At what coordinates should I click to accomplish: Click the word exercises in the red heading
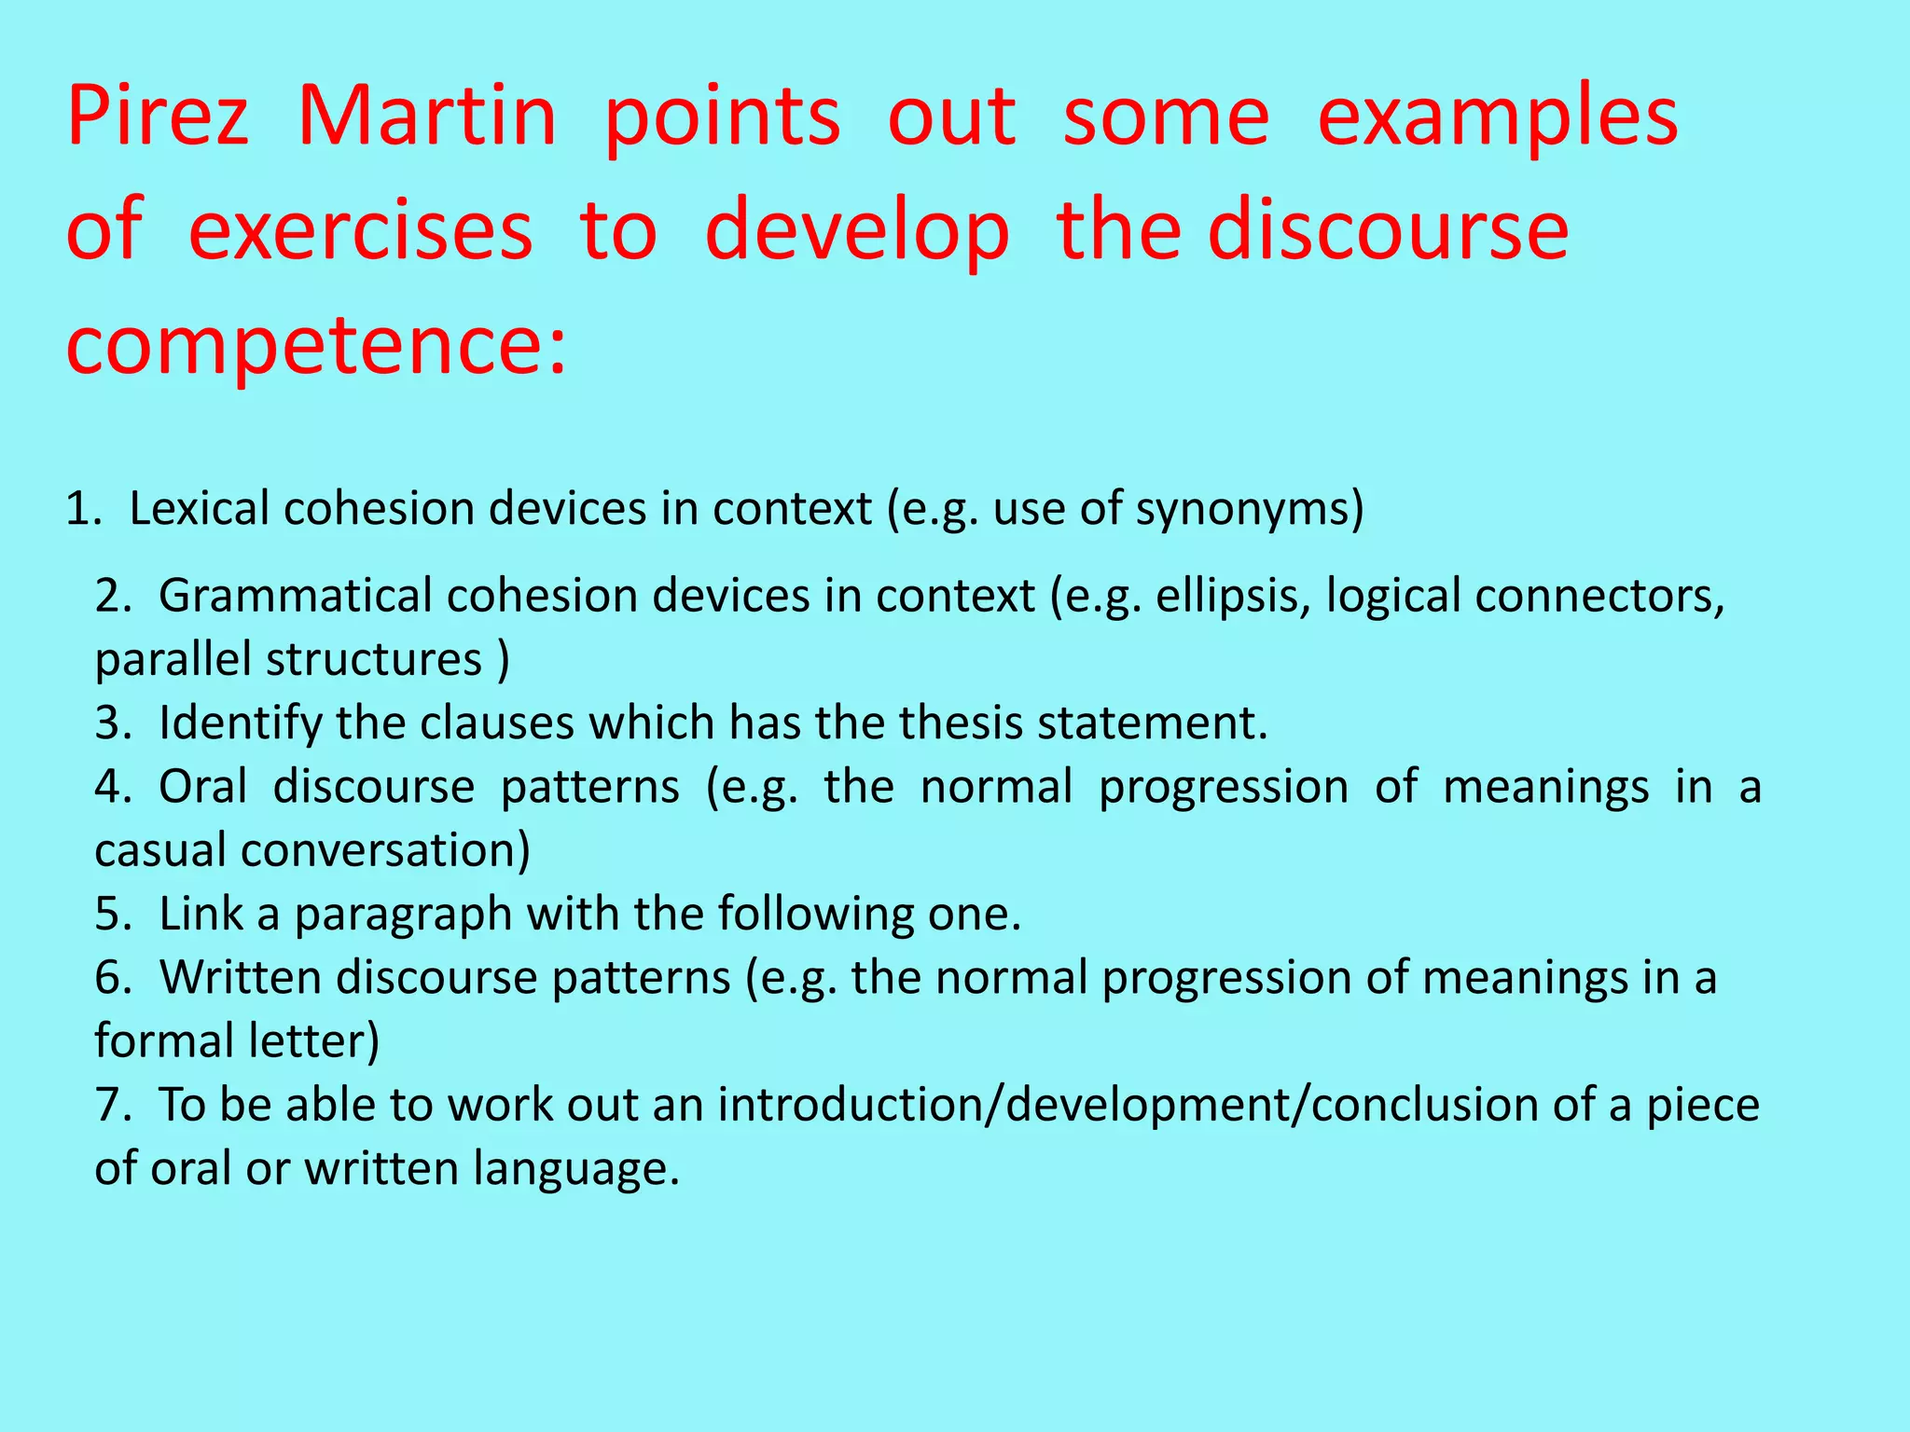pyautogui.click(x=360, y=231)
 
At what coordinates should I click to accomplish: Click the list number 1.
pyautogui.click(x=81, y=509)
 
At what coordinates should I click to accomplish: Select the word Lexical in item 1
pyautogui.click(x=200, y=509)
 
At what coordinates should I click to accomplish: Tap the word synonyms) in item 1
pyautogui.click(x=1250, y=510)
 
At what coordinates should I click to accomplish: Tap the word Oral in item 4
pyautogui.click(x=202, y=786)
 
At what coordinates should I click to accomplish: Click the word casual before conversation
pyautogui.click(x=160, y=850)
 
